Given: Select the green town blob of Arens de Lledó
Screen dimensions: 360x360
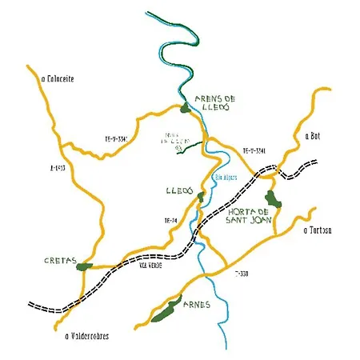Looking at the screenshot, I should coord(185,106).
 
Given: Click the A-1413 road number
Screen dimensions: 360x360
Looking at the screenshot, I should coord(55,168).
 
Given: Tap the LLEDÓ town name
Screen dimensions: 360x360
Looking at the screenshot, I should coord(178,192).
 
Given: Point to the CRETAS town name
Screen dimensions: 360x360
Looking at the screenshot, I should coord(60,261).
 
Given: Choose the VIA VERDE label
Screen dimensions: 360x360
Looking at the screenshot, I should coord(150,265).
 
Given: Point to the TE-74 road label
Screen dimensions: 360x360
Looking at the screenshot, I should coord(170,219).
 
